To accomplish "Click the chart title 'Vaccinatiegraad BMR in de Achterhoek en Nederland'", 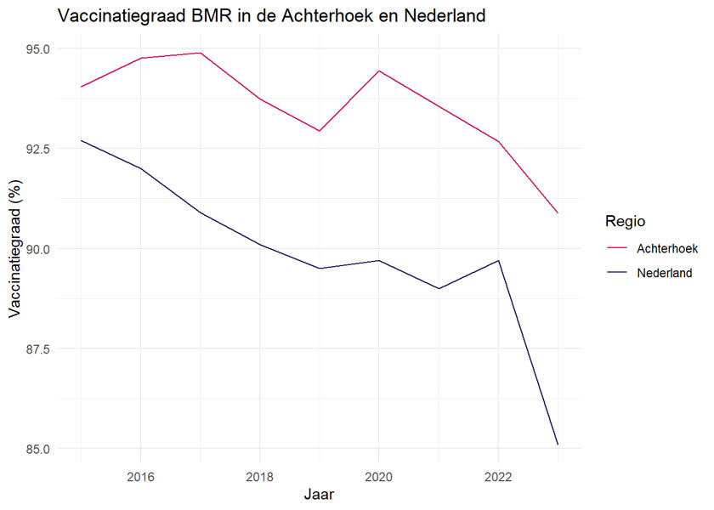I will coord(270,16).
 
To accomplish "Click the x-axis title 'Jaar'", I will coord(319,494).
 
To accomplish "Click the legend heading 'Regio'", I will coord(624,221).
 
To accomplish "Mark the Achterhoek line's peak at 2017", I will coord(200,53).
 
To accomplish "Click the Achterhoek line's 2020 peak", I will coord(379,71).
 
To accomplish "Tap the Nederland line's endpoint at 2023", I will coord(558,445).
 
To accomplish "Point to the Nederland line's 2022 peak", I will coord(498,260).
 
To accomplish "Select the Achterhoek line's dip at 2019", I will coord(320,131).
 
